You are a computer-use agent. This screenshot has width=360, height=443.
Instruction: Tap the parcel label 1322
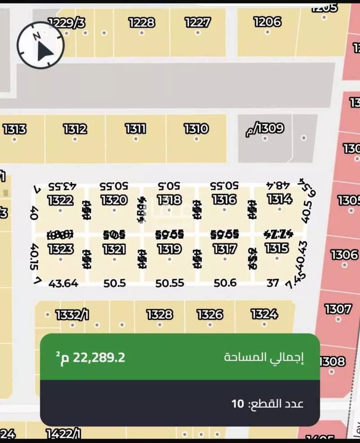tap(60, 200)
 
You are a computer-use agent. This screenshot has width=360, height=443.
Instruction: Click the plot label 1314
tap(279, 199)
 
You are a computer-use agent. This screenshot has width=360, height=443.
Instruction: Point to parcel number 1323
tap(60, 249)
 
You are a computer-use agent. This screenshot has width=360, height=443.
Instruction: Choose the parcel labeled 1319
tap(169, 249)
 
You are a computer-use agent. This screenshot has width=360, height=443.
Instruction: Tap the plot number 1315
tap(277, 248)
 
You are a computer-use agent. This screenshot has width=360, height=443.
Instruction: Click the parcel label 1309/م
tap(265, 129)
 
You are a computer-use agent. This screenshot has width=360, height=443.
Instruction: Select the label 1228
tap(141, 22)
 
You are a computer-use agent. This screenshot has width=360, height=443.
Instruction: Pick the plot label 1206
tap(267, 21)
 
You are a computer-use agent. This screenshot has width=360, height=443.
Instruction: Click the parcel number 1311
tap(135, 129)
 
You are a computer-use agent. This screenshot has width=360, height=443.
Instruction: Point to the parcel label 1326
tap(210, 314)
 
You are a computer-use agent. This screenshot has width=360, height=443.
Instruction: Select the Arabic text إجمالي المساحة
tap(264, 358)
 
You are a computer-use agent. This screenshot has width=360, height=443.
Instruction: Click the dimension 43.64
tap(63, 283)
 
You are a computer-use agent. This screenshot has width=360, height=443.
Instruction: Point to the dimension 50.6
tap(225, 283)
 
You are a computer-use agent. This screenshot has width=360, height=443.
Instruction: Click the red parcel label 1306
tap(344, 255)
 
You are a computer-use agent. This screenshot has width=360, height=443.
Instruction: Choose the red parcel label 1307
tap(337, 309)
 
